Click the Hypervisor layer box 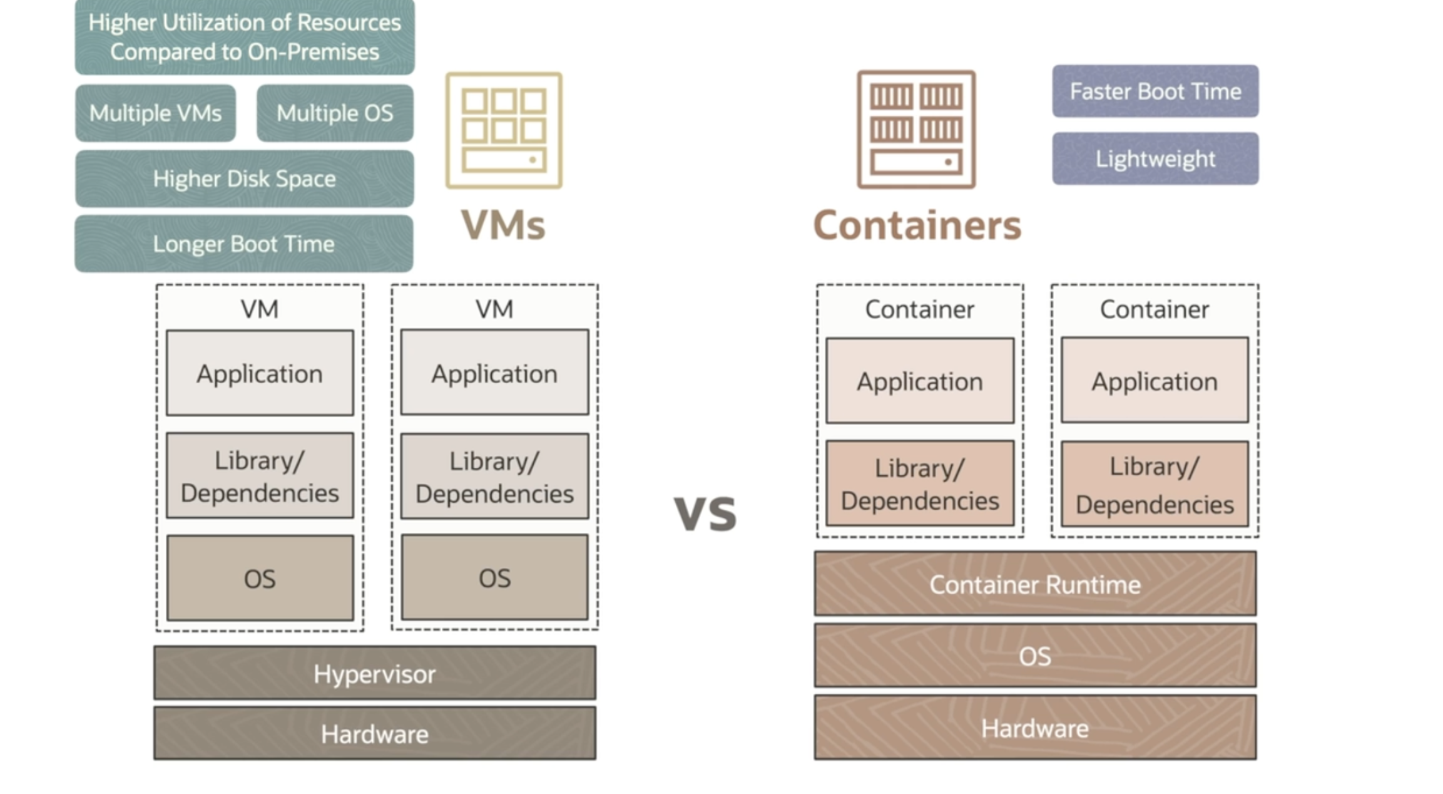coord(375,673)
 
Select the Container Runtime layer coord(1035,584)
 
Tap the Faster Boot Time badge coord(1155,91)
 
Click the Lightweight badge coord(1155,158)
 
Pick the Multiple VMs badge coord(155,113)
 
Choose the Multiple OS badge coord(335,113)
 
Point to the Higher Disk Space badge coord(244,179)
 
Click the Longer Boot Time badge coord(244,244)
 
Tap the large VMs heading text coord(503,225)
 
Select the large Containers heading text coord(917,225)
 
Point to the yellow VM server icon coord(504,130)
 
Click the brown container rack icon coord(916,130)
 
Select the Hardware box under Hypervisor coord(375,733)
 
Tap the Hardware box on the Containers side coord(1035,728)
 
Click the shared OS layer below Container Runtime coord(1035,656)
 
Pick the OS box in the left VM coord(260,578)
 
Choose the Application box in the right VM coord(494,373)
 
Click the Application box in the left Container coord(920,381)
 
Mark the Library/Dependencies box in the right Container coord(1155,484)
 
